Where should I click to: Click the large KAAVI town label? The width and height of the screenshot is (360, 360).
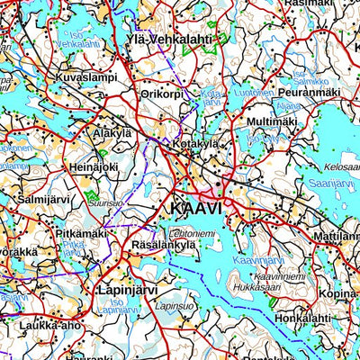(195, 208)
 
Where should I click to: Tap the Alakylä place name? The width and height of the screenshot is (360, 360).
(112, 131)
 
